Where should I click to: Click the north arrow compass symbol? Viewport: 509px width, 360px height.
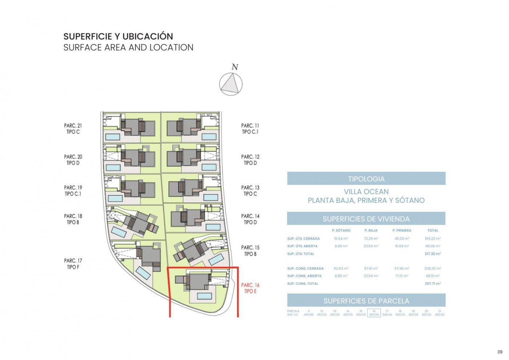coord(231,84)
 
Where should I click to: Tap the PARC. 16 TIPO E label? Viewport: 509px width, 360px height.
coord(250,288)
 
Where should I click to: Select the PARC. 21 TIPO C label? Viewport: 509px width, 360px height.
coord(73,129)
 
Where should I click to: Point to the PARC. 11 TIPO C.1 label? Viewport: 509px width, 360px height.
coord(250,129)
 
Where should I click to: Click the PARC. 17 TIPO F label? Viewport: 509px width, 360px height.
coord(73,264)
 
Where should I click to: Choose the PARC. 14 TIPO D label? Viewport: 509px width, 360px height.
coord(250,219)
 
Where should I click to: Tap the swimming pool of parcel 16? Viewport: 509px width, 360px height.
coord(204,296)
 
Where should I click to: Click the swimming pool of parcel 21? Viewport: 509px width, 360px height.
coord(112,137)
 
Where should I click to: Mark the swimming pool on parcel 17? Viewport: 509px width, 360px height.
coord(143,273)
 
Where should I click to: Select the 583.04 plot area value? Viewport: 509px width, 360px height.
coord(374,315)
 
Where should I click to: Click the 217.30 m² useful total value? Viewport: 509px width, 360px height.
coord(433,254)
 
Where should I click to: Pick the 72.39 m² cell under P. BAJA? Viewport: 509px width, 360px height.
coord(371,239)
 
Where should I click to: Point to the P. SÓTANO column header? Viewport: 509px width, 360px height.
coord(341,231)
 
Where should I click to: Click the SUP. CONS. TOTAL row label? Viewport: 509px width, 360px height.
coord(302,284)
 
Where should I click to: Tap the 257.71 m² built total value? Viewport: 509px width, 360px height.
coord(433,284)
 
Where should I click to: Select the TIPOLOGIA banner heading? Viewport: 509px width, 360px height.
coord(366,179)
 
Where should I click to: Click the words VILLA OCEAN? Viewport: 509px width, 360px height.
coord(366,192)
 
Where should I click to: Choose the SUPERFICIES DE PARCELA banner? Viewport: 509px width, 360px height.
coord(366,301)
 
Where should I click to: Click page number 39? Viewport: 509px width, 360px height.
coord(500,352)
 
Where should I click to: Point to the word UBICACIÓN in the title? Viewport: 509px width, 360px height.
coord(147,36)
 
